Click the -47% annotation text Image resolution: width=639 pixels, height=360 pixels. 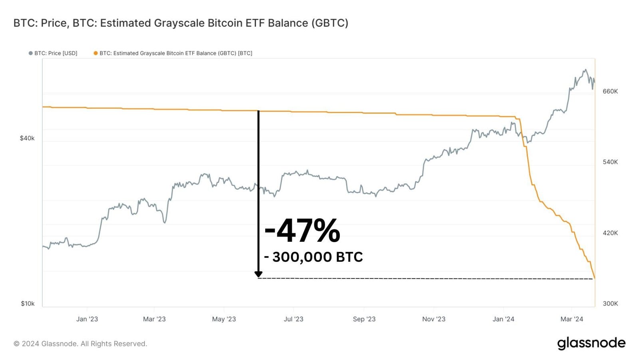tap(302, 231)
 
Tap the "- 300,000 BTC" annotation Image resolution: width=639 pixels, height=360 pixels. tap(314, 257)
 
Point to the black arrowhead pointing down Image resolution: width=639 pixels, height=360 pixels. tap(258, 274)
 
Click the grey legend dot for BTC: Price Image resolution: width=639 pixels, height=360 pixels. tap(30, 53)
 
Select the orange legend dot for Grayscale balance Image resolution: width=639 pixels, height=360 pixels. tap(95, 53)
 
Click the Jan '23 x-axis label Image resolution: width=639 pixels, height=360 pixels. tap(87, 319)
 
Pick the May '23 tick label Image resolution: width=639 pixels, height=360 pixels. tap(224, 319)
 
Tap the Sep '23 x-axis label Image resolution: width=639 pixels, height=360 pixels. tap(364, 319)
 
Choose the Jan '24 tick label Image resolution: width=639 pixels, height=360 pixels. tap(503, 319)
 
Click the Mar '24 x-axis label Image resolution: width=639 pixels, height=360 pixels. tap(572, 319)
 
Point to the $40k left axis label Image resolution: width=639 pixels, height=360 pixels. tap(27, 138)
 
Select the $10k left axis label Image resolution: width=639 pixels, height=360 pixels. tap(28, 304)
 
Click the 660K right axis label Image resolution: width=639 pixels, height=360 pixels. tap(610, 91)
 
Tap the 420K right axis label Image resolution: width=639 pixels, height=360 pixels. tap(610, 233)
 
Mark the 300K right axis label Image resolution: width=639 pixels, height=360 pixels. tap(610, 304)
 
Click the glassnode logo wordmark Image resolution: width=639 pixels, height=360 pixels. tap(591, 343)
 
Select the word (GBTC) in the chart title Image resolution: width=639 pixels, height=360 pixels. tap(329, 23)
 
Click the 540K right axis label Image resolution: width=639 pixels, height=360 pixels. tap(610, 162)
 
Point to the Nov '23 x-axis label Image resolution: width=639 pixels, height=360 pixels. tap(434, 319)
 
